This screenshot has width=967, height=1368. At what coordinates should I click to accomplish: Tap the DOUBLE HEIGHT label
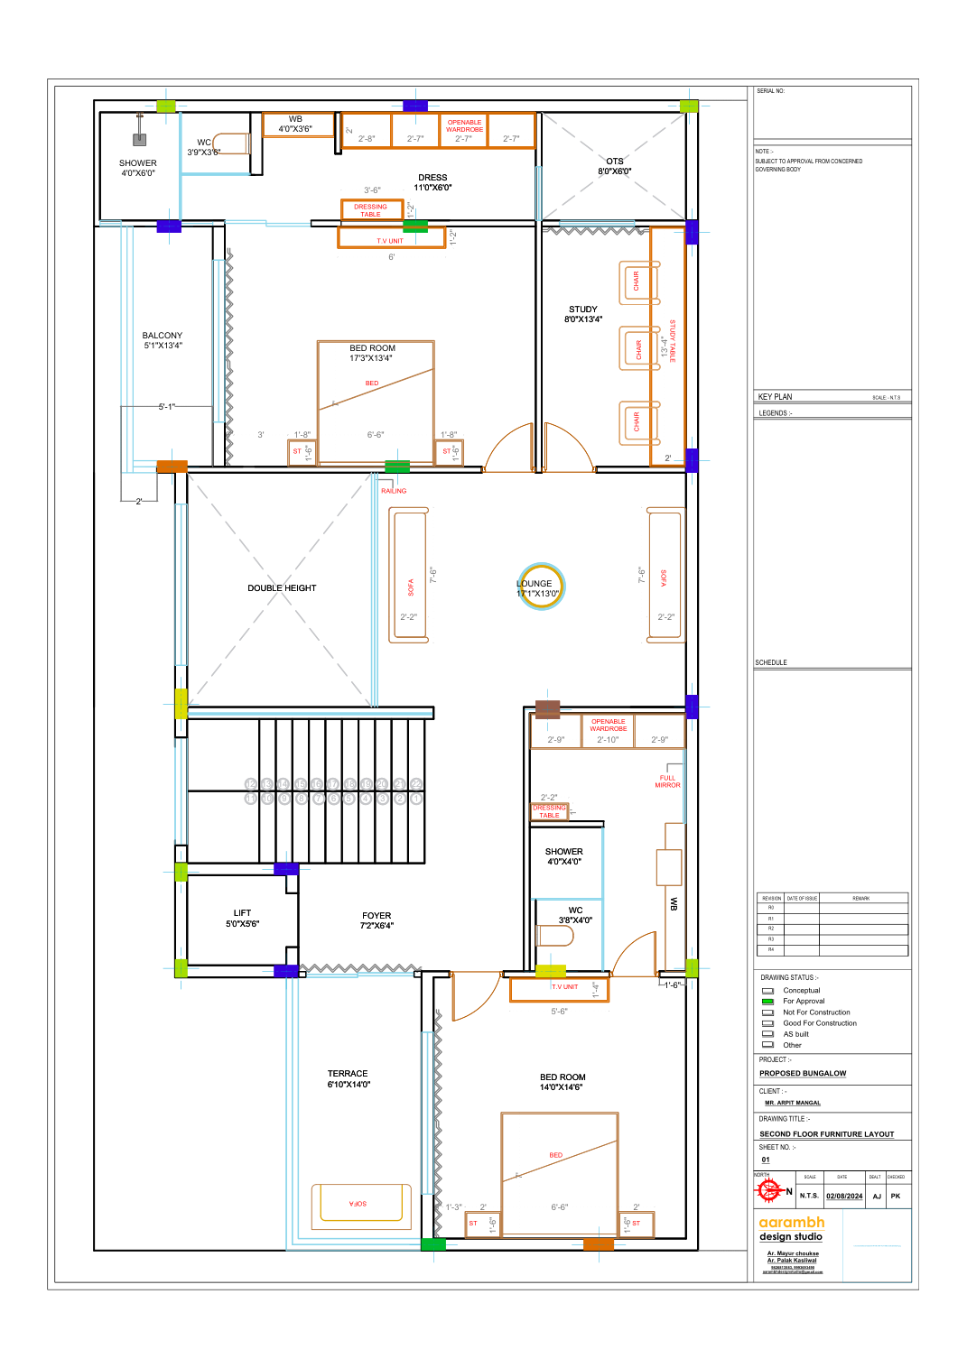(282, 588)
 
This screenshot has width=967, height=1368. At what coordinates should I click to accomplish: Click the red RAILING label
(394, 491)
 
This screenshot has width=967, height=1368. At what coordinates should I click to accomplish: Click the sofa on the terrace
(361, 1206)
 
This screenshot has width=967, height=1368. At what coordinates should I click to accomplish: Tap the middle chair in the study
(638, 348)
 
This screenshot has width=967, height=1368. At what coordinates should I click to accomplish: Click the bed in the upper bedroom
(375, 402)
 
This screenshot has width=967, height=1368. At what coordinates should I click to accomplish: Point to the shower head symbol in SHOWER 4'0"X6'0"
(139, 138)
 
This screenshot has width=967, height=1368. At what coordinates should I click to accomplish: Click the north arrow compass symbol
(769, 1191)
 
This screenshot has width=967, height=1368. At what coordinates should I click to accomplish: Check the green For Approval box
(767, 1002)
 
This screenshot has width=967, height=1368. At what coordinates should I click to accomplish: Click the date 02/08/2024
(844, 1196)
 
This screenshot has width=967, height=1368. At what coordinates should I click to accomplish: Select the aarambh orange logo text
(792, 1222)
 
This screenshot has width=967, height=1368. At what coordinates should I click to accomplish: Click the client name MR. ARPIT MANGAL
(793, 1103)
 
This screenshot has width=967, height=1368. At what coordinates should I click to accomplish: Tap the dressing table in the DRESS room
(371, 210)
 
